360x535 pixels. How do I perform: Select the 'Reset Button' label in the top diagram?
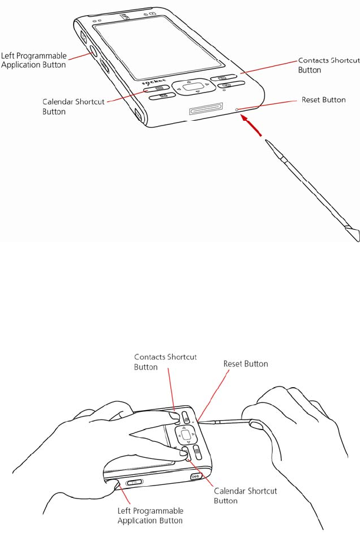(x=323, y=100)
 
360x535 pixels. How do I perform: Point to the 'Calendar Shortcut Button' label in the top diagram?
(x=74, y=106)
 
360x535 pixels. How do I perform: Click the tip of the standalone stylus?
(x=267, y=142)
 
